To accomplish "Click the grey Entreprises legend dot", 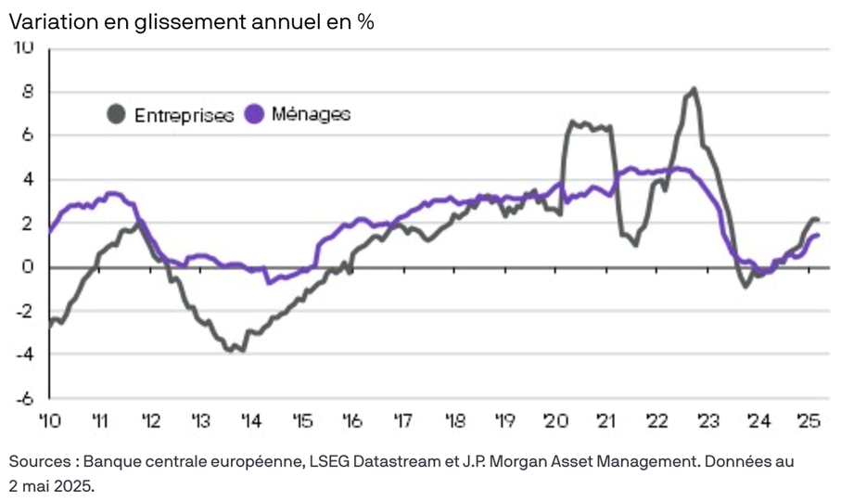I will point(117,115).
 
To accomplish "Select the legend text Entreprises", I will point(184,116).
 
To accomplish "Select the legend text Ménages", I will point(312,114).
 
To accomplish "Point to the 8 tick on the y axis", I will point(28,92).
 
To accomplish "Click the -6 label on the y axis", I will point(24,398).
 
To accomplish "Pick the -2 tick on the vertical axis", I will point(24,311).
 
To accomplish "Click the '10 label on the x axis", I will point(49,421).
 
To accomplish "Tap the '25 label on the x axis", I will point(809,421).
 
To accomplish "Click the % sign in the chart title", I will point(365,22).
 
